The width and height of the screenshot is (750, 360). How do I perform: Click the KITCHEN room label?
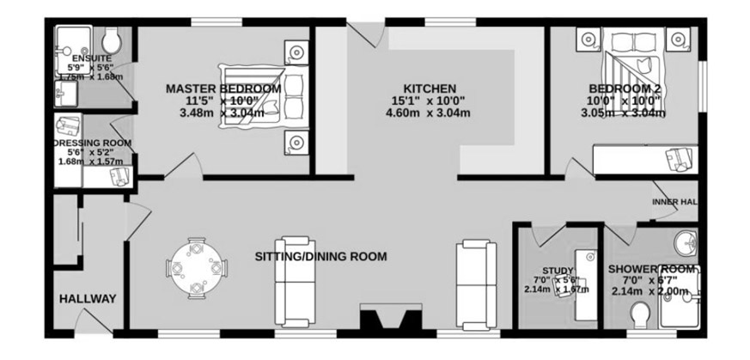coord(430,88)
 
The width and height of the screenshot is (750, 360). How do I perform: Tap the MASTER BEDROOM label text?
coord(223,88)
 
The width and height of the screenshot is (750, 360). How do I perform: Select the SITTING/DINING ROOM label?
coord(320,257)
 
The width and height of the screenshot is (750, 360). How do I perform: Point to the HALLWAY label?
coord(88,299)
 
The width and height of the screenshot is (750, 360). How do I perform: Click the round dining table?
coord(196,268)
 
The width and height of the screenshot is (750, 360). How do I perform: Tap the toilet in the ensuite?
coord(113,40)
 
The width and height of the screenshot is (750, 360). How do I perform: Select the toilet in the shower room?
coord(640,315)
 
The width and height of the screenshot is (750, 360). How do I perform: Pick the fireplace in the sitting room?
coord(390,316)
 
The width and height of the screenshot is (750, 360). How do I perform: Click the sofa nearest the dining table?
coord(296,282)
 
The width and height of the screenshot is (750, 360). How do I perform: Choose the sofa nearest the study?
coord(477,284)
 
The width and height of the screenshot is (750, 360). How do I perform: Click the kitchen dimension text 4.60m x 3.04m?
coord(428,113)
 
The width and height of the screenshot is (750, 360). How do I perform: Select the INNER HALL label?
coord(674,202)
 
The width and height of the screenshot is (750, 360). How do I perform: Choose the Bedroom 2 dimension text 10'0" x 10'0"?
coord(624,101)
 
